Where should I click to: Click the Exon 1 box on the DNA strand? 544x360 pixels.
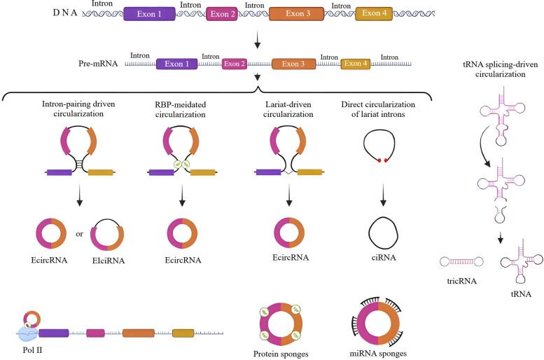148,13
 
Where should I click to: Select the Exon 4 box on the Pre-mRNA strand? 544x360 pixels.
356,64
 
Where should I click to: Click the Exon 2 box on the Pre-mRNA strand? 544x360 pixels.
234,64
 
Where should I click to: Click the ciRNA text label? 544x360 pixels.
383,259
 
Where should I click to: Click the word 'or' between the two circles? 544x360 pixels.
80,233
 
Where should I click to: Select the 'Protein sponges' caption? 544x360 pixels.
281,354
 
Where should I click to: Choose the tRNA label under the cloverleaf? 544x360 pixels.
520,295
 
